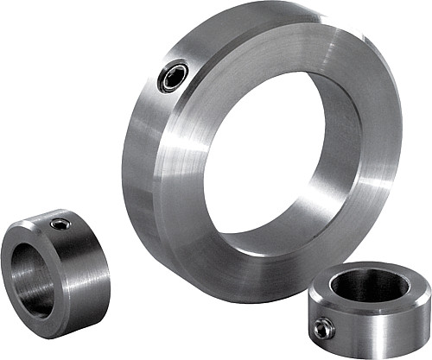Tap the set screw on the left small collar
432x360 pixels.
[x=59, y=225]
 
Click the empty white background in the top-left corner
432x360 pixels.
[x=35, y=35]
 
